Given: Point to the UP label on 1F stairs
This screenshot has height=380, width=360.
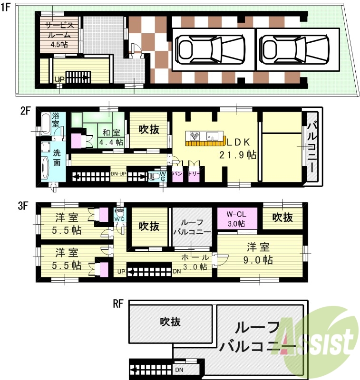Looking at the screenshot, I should point(59,79).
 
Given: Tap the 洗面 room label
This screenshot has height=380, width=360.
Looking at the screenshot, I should point(57,158).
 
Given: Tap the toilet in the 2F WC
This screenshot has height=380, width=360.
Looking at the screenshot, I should point(154,176).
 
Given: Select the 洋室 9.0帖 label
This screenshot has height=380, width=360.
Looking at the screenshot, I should point(259,254).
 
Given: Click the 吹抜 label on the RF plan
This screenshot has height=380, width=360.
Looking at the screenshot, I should point(170,322).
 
